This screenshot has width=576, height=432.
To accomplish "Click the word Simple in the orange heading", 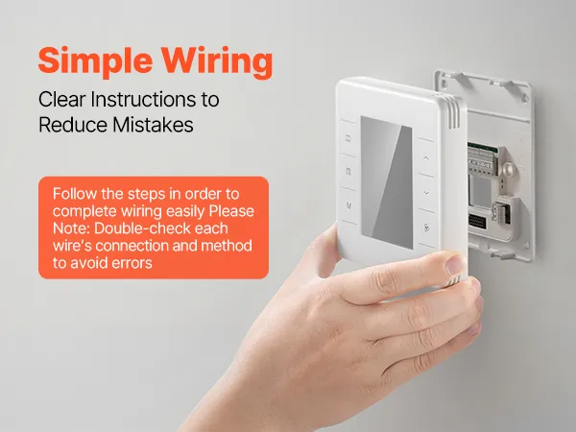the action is (x=95, y=60).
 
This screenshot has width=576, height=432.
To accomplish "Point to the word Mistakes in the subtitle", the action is (x=153, y=125).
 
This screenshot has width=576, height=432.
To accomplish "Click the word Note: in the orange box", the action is (x=71, y=228).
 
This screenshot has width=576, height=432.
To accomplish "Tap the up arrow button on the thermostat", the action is (x=426, y=158).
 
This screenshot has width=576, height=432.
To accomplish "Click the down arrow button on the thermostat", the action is (x=426, y=193).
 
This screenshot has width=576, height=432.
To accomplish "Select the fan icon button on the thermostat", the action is (x=426, y=228).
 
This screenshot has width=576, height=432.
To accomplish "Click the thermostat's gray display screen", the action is (x=387, y=182).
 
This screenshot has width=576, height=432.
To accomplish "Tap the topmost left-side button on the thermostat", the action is (x=348, y=138).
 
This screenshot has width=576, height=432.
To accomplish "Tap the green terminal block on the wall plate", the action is (x=482, y=157).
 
